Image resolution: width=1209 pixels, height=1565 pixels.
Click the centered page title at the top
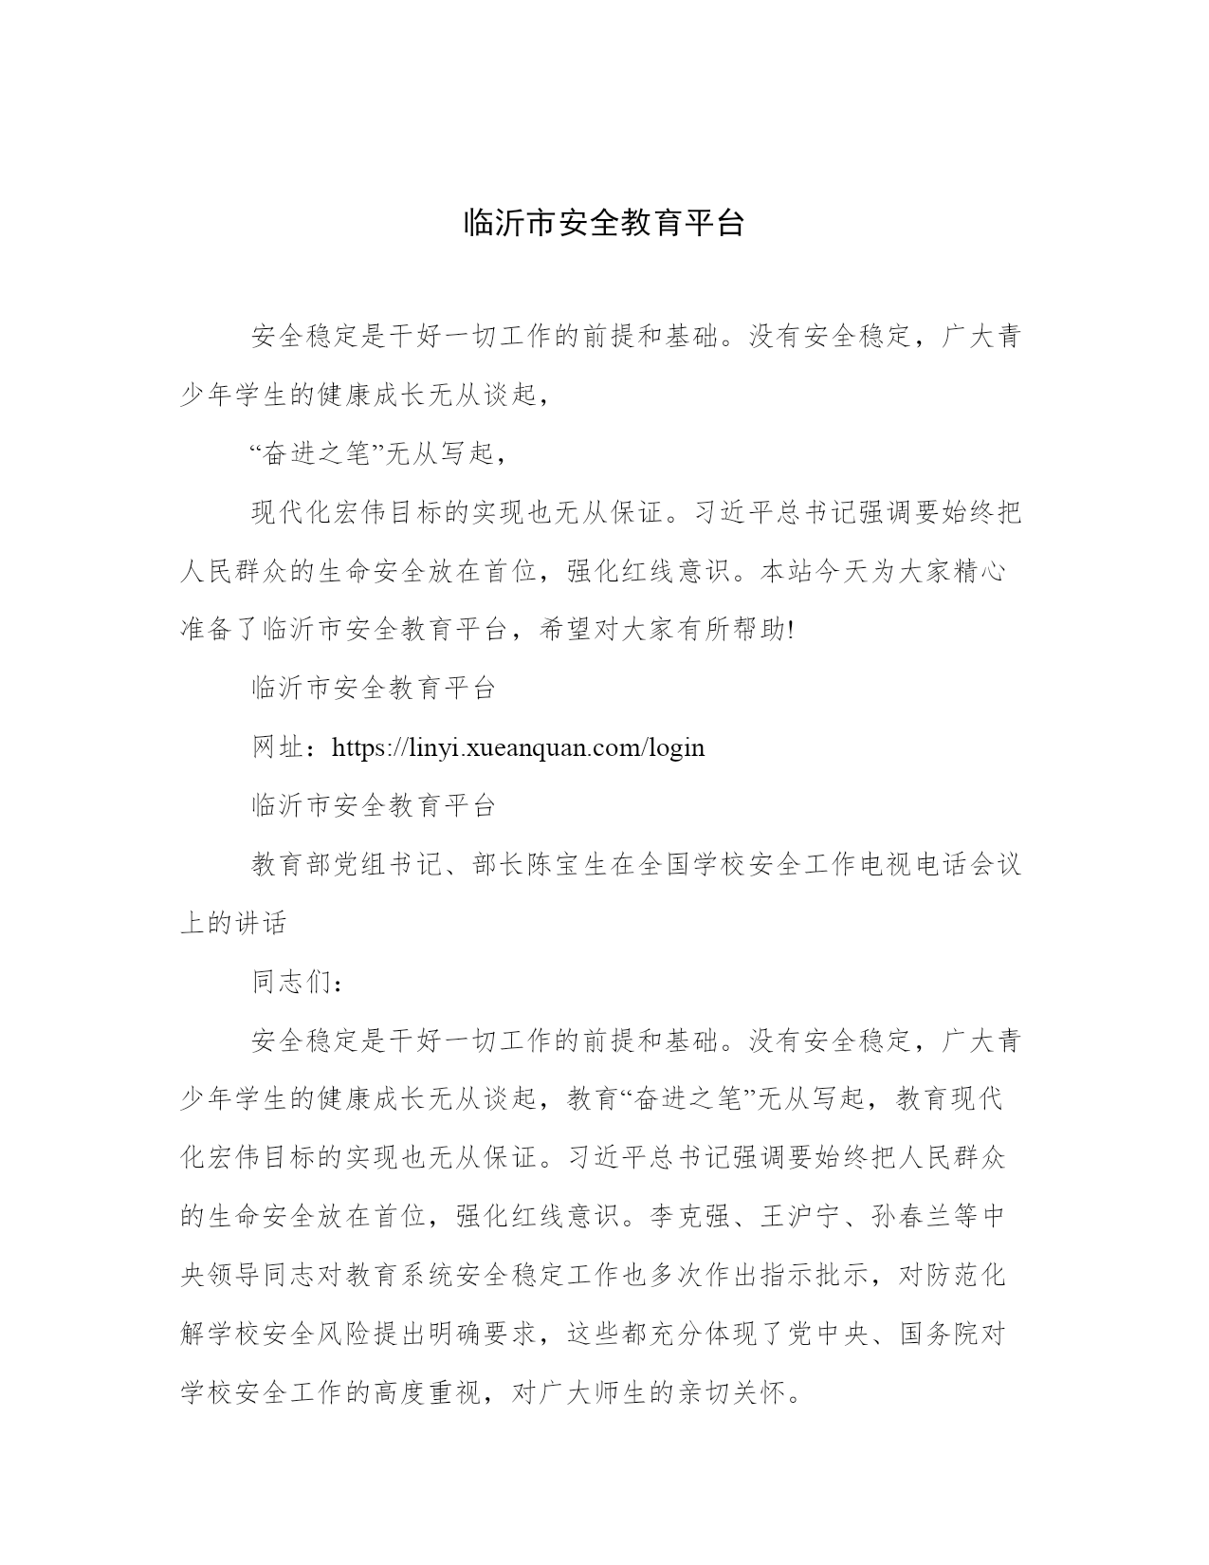[604, 221]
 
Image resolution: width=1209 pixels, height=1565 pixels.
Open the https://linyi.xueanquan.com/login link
[518, 747]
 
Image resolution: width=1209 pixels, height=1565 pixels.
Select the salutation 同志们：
[299, 982]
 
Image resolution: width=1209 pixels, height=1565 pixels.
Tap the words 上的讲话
[234, 923]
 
